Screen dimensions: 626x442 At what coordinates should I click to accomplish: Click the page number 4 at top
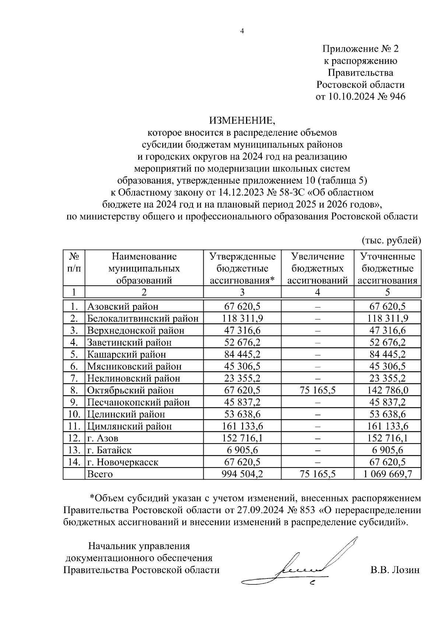(x=242, y=31)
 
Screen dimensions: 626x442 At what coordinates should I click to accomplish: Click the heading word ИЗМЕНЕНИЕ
(x=242, y=120)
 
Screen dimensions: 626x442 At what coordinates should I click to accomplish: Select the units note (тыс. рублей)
(x=391, y=240)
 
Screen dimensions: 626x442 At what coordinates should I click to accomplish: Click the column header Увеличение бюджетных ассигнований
(x=317, y=268)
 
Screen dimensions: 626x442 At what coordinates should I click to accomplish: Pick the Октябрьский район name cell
(x=130, y=390)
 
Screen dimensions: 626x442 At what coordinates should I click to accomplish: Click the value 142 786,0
(x=387, y=390)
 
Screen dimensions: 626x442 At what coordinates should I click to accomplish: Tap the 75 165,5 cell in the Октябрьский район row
(x=317, y=390)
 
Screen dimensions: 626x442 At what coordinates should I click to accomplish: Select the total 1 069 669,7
(x=387, y=474)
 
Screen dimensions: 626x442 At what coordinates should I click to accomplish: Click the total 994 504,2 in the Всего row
(x=242, y=474)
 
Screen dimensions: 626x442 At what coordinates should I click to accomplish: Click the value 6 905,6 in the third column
(x=242, y=450)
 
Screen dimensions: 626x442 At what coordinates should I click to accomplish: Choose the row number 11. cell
(x=74, y=426)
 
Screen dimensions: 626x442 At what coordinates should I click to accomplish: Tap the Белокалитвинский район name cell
(x=143, y=318)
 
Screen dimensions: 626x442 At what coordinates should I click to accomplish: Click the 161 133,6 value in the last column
(x=387, y=426)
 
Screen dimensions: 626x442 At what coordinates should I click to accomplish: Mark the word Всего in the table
(x=100, y=474)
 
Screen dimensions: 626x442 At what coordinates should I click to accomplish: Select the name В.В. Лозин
(x=395, y=570)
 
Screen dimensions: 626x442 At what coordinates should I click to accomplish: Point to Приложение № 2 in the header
(x=361, y=49)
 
